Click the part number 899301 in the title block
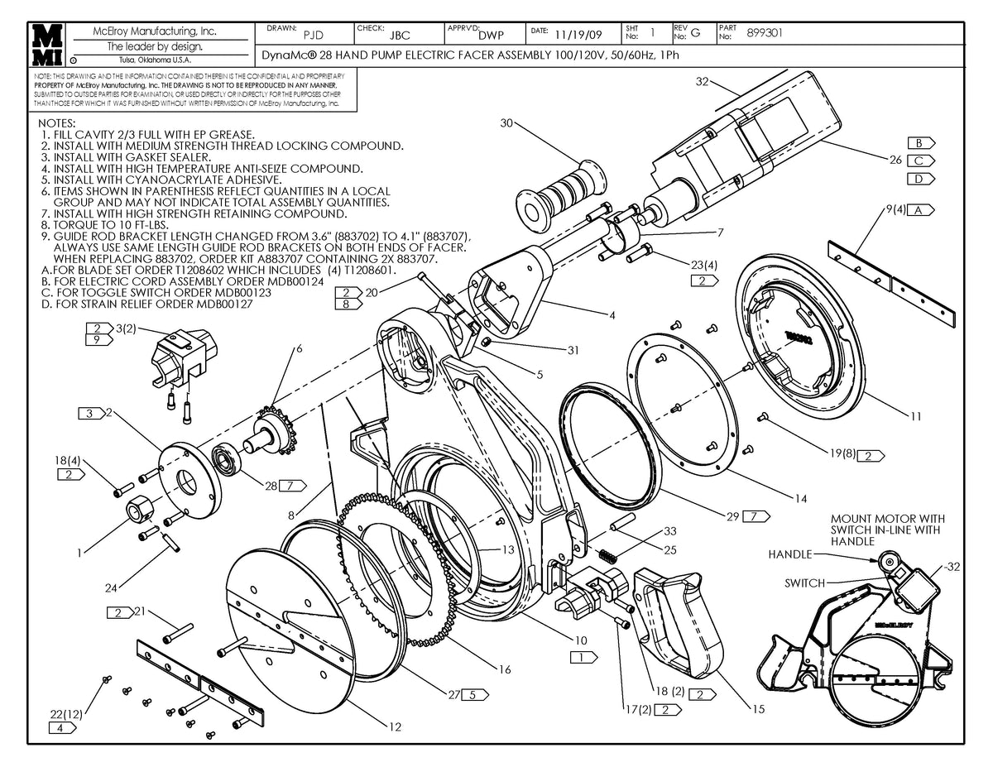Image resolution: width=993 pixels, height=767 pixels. (x=765, y=33)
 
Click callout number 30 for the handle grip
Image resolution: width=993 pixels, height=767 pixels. (x=507, y=123)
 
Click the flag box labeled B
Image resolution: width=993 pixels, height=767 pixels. (x=918, y=142)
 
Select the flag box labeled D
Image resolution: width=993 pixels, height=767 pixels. (x=918, y=179)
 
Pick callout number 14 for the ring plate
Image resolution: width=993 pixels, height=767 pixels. (x=799, y=498)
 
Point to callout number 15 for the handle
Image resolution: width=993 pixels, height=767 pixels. (x=757, y=708)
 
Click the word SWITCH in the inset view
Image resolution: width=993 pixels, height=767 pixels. (x=804, y=583)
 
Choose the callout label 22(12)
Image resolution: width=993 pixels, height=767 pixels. (x=66, y=712)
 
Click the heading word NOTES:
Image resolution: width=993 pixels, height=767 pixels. (x=56, y=122)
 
